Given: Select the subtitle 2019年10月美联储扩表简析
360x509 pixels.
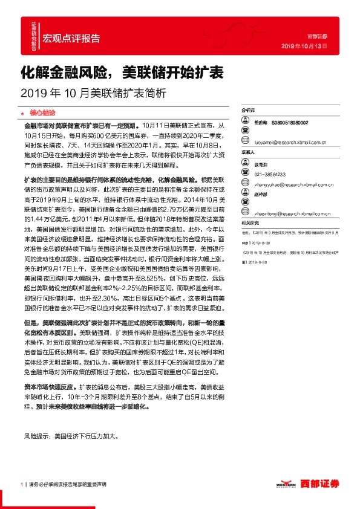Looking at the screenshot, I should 93,94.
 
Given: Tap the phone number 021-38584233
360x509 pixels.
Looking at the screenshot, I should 270,173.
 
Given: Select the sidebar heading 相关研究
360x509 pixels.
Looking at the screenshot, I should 249,223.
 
